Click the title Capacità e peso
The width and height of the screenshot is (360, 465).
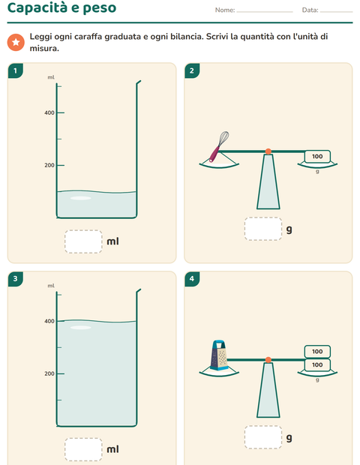[x=61, y=7]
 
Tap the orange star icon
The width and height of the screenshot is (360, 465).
[x=16, y=42]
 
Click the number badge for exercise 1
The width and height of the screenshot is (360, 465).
[x=16, y=70]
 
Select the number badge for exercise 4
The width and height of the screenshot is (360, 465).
[x=192, y=279]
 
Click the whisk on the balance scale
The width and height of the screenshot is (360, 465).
[x=219, y=146]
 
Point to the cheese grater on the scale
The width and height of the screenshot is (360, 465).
[x=219, y=355]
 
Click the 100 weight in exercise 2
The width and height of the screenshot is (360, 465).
[x=317, y=156]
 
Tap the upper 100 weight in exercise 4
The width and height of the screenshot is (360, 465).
[x=317, y=352]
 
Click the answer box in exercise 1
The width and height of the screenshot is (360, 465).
[x=83, y=241]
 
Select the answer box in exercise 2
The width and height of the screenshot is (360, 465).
[x=263, y=229]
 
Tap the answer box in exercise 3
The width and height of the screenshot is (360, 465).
[x=83, y=449]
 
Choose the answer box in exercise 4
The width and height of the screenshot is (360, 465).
[x=263, y=437]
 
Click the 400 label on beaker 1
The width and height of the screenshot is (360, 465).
[x=49, y=112]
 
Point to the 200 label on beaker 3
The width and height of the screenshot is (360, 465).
[x=49, y=373]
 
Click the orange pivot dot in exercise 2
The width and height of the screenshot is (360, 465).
[x=268, y=151]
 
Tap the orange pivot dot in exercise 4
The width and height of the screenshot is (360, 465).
[x=268, y=360]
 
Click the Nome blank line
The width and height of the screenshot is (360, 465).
[x=265, y=12]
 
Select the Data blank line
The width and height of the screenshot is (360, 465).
[x=337, y=12]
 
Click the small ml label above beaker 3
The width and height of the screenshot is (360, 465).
[x=51, y=286]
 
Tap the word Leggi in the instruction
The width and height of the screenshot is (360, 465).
[x=40, y=37]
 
